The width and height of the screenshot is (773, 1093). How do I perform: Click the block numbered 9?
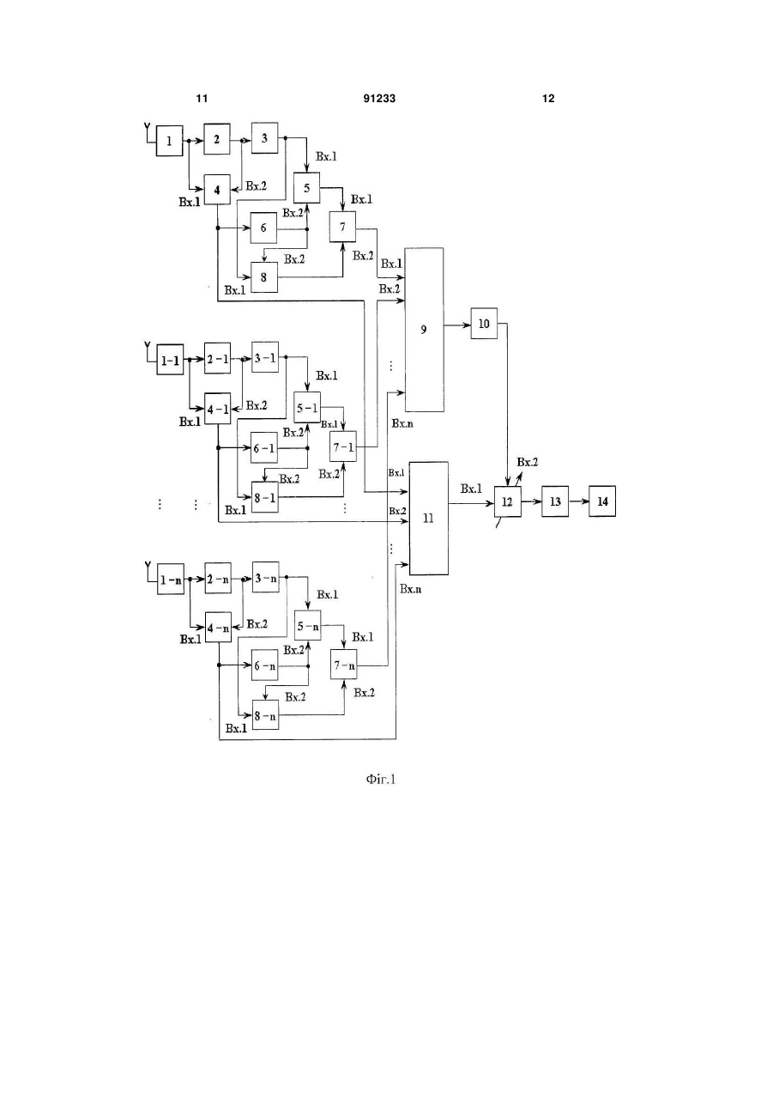pos(424,330)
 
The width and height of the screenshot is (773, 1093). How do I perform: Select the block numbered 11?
pos(428,518)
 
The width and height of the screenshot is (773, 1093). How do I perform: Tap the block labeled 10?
pos(484,324)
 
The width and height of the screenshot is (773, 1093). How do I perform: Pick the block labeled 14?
pos(601,501)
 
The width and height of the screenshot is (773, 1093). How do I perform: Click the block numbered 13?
pos(555,501)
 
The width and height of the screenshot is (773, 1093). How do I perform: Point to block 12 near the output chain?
pos(507,501)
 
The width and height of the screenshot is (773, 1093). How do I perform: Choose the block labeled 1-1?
pos(170,360)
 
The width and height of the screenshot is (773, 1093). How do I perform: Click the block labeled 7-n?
pos(344,664)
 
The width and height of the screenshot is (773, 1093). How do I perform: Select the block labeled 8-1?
pos(265,497)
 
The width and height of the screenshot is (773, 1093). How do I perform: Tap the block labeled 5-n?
pos(308,626)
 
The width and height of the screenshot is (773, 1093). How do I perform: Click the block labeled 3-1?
pos(265,357)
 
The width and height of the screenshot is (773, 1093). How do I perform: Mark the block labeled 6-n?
pos(265,665)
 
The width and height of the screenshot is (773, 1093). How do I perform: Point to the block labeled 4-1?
pos(218,409)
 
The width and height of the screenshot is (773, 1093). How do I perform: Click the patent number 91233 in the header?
pos(379,99)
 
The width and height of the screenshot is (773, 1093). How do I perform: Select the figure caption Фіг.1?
pos(380,780)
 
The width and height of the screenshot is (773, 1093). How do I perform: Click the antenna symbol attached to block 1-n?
pos(148,571)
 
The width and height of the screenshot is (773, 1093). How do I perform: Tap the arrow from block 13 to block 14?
pos(578,501)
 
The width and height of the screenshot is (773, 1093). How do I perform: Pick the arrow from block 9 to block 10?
pos(457,325)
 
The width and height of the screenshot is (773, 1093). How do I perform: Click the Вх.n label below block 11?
pos(411,589)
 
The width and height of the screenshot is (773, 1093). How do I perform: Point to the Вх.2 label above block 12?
pos(527,462)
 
